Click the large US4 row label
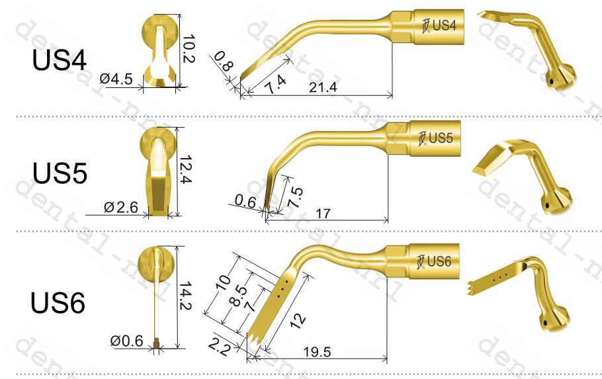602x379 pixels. (60, 60)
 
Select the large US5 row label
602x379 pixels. (60, 173)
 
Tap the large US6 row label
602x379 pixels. (58, 302)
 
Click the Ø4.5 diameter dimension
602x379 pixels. (116, 79)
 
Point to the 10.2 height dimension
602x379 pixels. (189, 49)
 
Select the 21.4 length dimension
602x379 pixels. (323, 87)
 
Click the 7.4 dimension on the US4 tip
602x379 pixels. (276, 85)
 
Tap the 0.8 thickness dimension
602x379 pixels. (223, 62)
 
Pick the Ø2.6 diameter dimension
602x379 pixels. (121, 207)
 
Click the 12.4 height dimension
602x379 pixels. (185, 169)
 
